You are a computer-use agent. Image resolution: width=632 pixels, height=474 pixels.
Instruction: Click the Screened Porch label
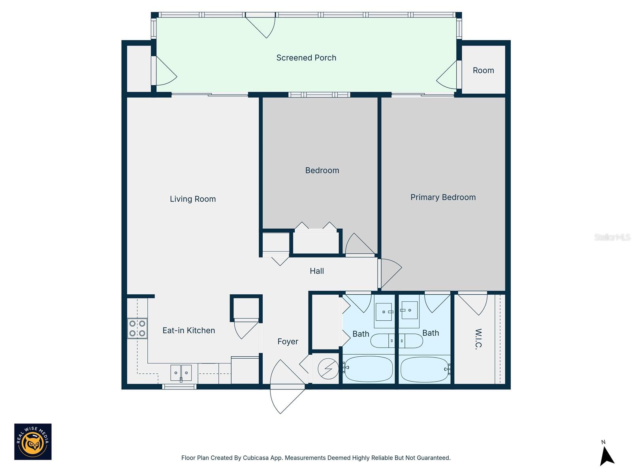306,58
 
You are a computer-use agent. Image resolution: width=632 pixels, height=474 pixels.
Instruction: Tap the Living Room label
193,199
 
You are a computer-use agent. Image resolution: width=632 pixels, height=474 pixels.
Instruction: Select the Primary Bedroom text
443,197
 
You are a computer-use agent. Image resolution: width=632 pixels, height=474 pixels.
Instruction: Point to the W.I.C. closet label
478,339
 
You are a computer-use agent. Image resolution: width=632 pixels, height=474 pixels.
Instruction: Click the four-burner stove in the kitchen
137,328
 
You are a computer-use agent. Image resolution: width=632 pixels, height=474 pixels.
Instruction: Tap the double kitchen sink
181,372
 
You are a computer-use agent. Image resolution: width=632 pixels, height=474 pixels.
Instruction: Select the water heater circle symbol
328,369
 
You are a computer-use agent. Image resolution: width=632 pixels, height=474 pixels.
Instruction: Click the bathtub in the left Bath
368,369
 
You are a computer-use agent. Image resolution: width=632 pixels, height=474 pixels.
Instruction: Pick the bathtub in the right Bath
424,369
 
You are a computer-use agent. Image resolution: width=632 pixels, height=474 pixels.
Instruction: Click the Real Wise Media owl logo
33,442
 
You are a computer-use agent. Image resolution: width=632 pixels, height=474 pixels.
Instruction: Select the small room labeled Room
483,70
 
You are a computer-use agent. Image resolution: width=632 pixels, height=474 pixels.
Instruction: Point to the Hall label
317,271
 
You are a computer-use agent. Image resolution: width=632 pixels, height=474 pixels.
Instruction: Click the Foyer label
288,341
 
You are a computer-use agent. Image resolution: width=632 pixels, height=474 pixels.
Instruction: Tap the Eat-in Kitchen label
189,330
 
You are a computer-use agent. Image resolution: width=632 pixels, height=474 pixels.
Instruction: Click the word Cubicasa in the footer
257,458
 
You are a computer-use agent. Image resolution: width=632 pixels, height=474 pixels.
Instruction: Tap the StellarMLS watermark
612,237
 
